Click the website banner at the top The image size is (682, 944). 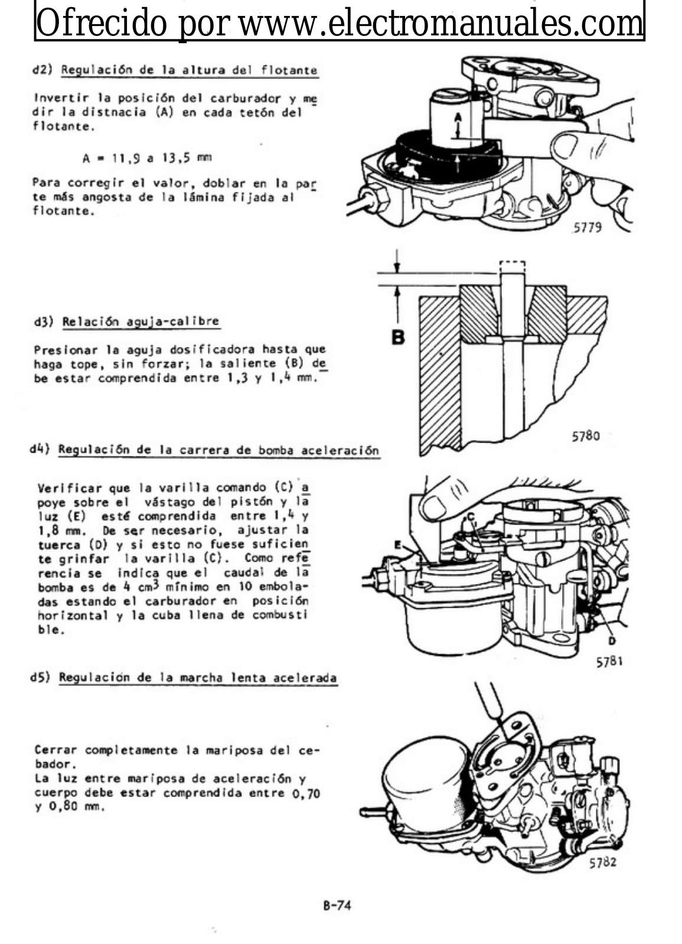[x=340, y=22]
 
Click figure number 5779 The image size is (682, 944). [x=587, y=227]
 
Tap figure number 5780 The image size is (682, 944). [x=585, y=436]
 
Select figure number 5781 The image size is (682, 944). [x=609, y=661]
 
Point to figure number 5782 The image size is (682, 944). [x=602, y=862]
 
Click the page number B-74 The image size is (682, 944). [x=337, y=906]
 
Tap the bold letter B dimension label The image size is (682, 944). [x=399, y=337]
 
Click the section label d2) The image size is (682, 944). [x=43, y=70]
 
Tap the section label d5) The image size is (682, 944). [x=41, y=677]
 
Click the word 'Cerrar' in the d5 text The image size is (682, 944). [x=56, y=750]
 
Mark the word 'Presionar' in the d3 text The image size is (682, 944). [x=63, y=349]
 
